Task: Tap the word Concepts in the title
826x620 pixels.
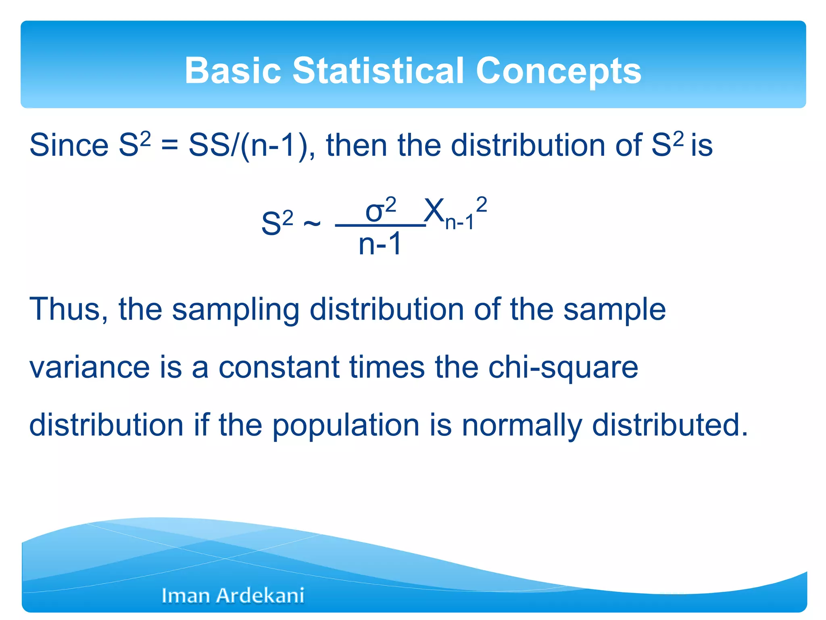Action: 558,71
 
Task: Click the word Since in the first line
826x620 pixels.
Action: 69,145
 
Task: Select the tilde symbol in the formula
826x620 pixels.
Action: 312,223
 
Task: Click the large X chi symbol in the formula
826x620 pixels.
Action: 434,210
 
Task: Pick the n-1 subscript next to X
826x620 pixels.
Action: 459,222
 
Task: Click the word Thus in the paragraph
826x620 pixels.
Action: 69,309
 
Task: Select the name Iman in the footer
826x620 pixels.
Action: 186,596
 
